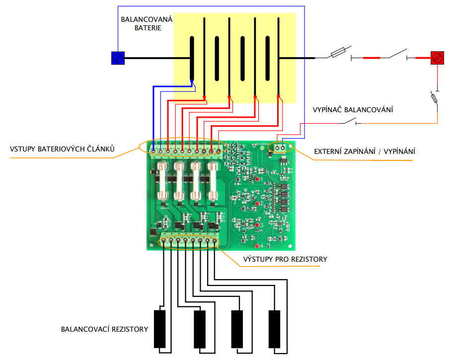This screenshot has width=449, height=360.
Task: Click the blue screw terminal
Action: pos(117,58)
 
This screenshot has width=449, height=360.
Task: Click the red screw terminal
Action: pos(437,58)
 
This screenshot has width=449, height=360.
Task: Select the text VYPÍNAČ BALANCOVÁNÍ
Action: pos(353,109)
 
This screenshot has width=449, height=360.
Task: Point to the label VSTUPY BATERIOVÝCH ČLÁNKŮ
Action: pos(63,149)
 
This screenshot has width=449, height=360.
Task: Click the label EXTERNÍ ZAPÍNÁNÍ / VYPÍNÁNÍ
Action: pos(365,151)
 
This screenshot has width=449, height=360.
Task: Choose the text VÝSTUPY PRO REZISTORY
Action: pos(285,259)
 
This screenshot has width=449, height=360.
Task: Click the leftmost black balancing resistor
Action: pos(160,329)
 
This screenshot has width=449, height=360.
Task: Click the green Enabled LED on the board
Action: pos(262,148)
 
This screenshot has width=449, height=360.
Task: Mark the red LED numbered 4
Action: pos(257,246)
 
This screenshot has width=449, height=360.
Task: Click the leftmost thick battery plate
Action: pos(192,58)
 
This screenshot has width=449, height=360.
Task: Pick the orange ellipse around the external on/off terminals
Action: pos(281,147)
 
